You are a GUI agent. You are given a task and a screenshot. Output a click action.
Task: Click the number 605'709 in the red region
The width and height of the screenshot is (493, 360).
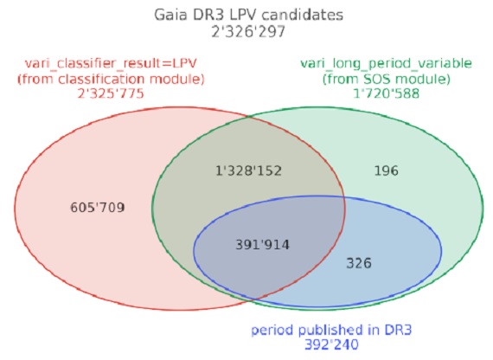point(98,208)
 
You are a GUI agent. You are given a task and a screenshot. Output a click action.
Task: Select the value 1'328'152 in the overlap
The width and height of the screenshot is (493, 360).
point(248,170)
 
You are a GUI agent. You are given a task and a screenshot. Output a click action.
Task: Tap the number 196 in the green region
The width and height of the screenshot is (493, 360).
point(386,170)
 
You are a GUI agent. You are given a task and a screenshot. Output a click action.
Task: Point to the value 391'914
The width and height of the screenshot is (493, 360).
point(263,245)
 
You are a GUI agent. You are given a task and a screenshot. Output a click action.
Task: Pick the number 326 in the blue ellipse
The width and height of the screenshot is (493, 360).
point(359,263)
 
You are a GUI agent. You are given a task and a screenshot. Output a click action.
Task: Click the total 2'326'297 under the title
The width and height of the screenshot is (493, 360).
point(248,32)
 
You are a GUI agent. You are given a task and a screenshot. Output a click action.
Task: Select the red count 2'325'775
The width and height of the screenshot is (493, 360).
point(111,93)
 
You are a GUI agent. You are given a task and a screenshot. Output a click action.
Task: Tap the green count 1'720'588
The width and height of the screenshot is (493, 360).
point(386,93)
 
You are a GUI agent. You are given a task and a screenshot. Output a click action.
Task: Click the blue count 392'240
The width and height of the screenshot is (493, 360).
point(331,344)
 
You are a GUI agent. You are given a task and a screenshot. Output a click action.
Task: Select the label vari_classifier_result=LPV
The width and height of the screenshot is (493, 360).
point(111,64)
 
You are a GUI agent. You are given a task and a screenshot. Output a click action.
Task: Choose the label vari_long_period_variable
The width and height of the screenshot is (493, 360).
point(386,63)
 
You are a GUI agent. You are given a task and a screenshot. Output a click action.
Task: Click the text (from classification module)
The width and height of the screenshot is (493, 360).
point(111,79)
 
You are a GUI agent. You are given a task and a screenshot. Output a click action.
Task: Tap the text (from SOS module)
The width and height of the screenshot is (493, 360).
point(386,79)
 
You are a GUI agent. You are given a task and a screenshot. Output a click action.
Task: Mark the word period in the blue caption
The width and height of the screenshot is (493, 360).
point(273,330)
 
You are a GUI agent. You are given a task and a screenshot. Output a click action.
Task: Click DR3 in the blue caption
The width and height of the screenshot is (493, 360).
point(398,330)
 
